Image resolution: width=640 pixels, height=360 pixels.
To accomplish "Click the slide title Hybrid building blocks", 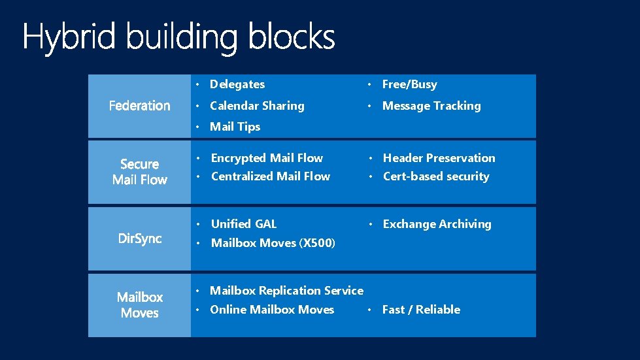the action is (178, 37).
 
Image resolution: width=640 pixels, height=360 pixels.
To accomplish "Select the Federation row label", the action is (139, 106).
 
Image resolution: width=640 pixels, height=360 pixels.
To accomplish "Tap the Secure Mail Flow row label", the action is (139, 172).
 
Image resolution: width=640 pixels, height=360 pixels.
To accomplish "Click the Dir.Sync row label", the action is (139, 239).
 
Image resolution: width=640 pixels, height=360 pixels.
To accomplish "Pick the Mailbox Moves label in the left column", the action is (139, 305).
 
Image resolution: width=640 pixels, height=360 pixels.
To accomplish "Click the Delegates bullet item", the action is (237, 84).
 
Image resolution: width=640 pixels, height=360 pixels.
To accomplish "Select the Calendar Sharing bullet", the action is (257, 106).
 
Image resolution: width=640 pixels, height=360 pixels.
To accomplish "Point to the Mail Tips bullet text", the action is (235, 127).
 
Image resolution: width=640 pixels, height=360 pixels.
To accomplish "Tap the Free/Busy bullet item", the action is (409, 84).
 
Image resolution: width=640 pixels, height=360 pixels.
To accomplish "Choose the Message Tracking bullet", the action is (431, 106).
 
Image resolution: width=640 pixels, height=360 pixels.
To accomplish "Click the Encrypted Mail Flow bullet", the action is (267, 158).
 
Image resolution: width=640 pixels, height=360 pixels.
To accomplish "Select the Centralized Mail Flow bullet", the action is (270, 176).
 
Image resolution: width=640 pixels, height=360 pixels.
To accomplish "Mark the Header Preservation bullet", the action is (439, 158).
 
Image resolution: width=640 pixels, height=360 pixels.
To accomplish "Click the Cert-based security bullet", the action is (435, 176).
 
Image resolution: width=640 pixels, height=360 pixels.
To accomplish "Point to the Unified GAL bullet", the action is (243, 224).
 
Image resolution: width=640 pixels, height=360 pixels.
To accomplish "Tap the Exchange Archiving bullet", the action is (437, 224).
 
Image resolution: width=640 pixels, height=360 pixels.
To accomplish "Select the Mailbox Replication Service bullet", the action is (286, 291).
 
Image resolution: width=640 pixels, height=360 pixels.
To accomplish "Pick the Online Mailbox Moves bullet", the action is (272, 310).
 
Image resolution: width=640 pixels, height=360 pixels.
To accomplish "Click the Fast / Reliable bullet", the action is (421, 310).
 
